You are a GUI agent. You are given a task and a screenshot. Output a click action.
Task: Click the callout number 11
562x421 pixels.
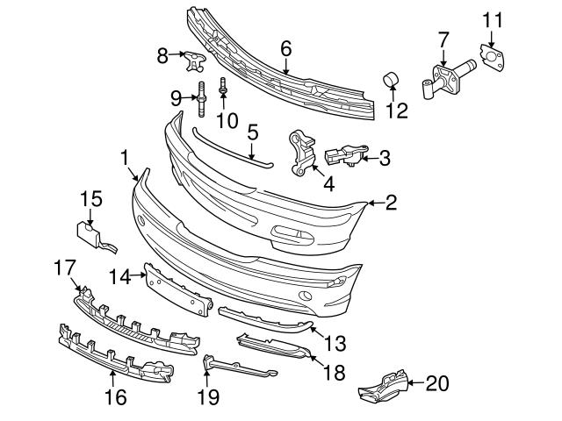[494, 18]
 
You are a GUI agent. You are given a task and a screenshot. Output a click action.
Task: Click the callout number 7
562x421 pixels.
[443, 39]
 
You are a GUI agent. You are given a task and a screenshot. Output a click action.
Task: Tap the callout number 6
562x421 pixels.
[285, 49]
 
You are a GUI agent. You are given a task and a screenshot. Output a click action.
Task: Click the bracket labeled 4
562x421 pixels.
[301, 150]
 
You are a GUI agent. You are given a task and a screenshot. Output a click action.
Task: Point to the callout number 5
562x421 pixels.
[252, 133]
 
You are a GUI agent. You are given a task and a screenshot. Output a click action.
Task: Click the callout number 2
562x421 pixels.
[391, 203]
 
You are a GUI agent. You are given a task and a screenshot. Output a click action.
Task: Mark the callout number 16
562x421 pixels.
[115, 397]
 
